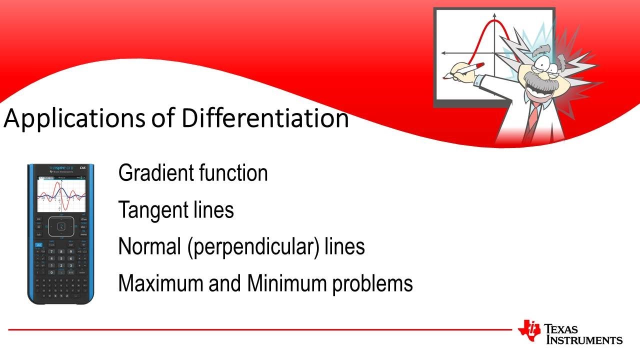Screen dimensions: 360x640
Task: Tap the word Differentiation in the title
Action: (265, 118)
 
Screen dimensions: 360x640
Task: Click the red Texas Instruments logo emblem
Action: (529, 330)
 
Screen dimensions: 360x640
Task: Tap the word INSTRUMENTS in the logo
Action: (584, 340)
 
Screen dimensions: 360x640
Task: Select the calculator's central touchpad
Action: (61, 227)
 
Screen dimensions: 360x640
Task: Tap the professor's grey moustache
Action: (540, 80)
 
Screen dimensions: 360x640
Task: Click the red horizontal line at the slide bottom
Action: (260, 329)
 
